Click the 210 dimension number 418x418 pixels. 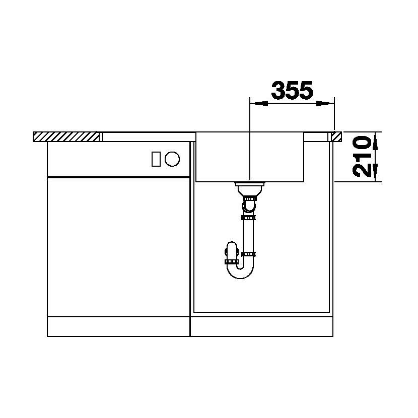[x=362, y=157]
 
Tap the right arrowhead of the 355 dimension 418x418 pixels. [x=325, y=103]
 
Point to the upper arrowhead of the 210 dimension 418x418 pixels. [x=375, y=142]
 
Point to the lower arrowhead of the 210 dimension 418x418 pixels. [x=375, y=172]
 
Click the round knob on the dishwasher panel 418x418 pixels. [x=172, y=159]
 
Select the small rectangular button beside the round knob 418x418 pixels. [x=156, y=159]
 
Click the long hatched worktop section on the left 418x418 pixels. [x=66, y=136]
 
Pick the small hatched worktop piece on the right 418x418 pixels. [x=336, y=136]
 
